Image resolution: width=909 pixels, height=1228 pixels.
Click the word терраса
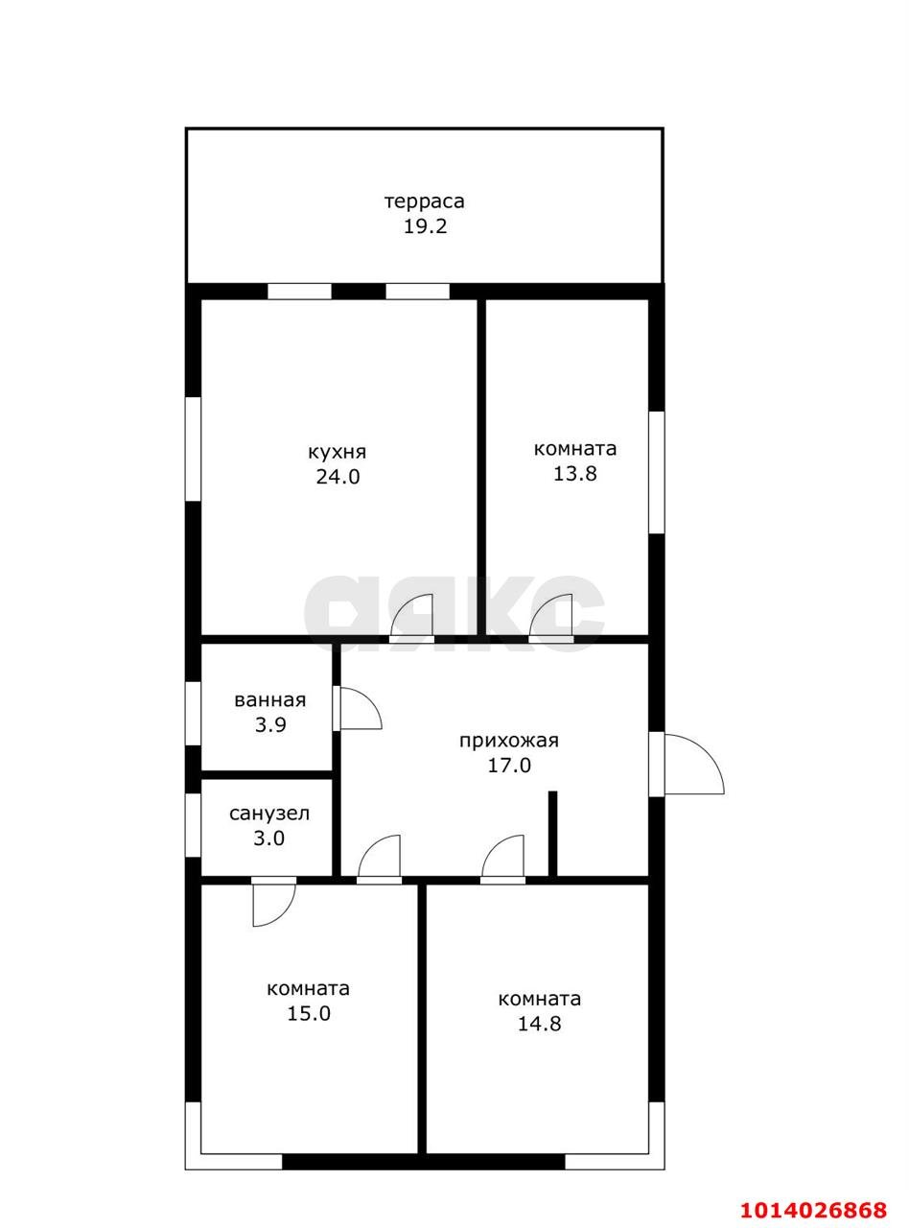425,201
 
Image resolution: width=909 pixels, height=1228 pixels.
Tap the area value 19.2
425,226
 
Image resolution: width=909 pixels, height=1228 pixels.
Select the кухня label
338,452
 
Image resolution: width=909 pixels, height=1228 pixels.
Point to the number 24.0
338,477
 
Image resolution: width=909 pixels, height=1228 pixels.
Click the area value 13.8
575,473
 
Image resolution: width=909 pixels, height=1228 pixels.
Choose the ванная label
270,699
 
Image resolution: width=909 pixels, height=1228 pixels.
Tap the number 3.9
270,724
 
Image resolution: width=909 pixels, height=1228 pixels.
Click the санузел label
269,814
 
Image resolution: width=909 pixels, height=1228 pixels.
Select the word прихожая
509,741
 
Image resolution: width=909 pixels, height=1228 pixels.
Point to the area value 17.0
509,766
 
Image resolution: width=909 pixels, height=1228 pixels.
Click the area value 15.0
309,1013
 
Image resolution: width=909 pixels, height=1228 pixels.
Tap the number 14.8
539,1024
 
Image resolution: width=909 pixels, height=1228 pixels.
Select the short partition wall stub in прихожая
552,835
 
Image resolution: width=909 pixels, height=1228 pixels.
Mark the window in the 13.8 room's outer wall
657,472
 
